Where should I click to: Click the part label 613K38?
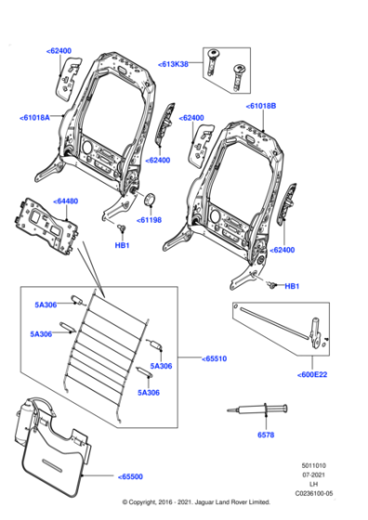tap(173, 64)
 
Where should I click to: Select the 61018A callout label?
tap(35, 118)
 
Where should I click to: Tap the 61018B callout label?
tap(262, 107)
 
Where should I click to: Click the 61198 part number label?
tap(149, 220)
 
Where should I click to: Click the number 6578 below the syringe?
tap(266, 435)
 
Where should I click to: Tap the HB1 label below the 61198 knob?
tap(122, 245)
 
